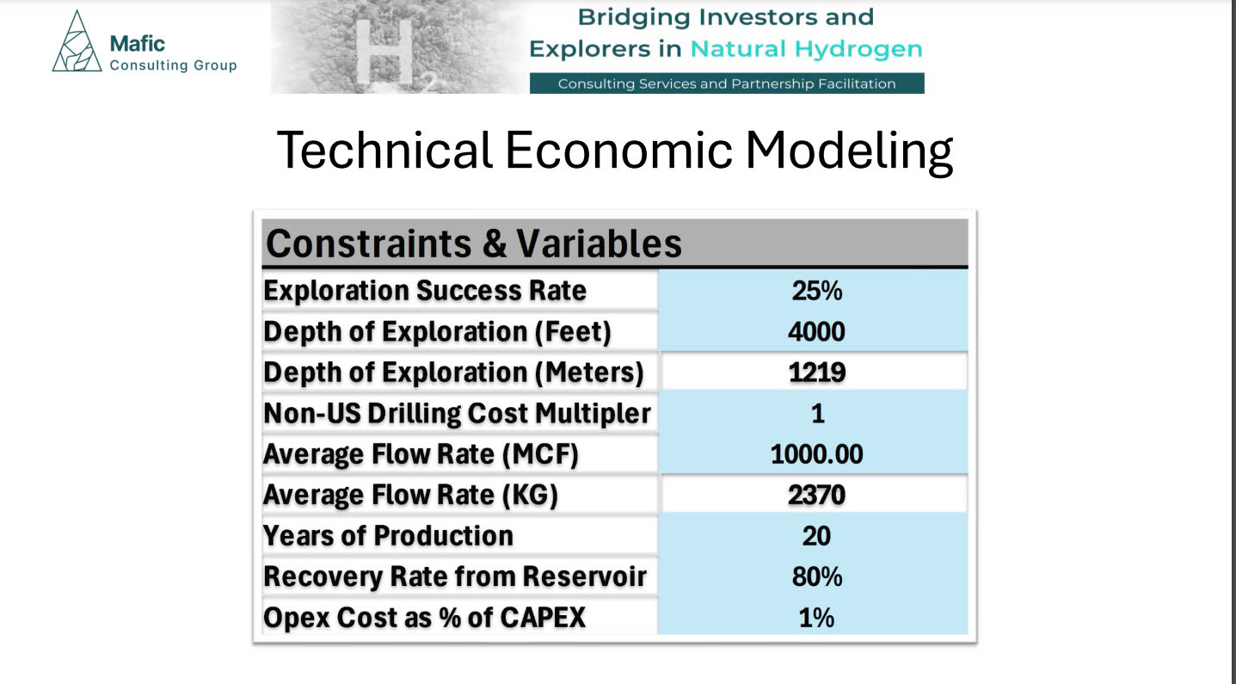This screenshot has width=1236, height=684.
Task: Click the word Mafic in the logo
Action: (x=137, y=44)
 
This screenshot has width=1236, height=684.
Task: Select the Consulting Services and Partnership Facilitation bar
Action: (x=727, y=83)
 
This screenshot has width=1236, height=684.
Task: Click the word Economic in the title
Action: (x=618, y=151)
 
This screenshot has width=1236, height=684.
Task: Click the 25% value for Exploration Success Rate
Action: (x=816, y=291)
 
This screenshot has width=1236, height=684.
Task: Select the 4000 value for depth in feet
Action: (x=816, y=331)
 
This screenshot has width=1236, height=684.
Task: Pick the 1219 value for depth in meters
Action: (x=816, y=372)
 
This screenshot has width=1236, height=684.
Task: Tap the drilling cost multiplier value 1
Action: (x=818, y=413)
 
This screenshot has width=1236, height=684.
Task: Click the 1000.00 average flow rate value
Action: (x=816, y=453)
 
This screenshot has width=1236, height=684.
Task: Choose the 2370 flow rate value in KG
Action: (x=816, y=495)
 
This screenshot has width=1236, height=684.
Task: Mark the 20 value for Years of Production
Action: (x=816, y=535)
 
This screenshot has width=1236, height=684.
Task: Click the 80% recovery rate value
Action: (x=816, y=576)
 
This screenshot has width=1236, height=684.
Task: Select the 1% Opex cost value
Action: (x=816, y=617)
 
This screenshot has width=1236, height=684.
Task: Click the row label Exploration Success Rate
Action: (x=425, y=291)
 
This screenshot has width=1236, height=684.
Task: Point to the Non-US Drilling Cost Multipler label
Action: (x=457, y=413)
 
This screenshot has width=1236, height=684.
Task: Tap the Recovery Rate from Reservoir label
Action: (x=455, y=576)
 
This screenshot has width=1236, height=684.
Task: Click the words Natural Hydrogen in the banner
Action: (x=806, y=49)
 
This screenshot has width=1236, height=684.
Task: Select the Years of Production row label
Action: (x=389, y=535)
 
